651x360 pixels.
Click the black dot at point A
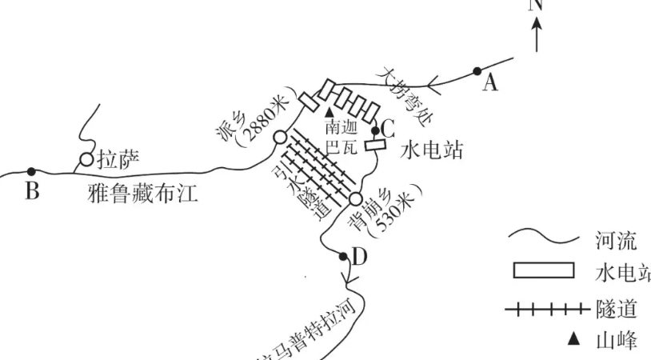click(477, 71)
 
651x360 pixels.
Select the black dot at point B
click(31, 171)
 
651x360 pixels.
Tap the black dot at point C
click(375, 130)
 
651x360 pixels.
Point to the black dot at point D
click(343, 257)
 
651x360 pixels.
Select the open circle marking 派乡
click(279, 138)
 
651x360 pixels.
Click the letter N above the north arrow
click(536, 5)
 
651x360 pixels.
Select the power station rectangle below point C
click(375, 146)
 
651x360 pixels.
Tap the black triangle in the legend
click(573, 340)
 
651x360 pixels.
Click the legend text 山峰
click(616, 341)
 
